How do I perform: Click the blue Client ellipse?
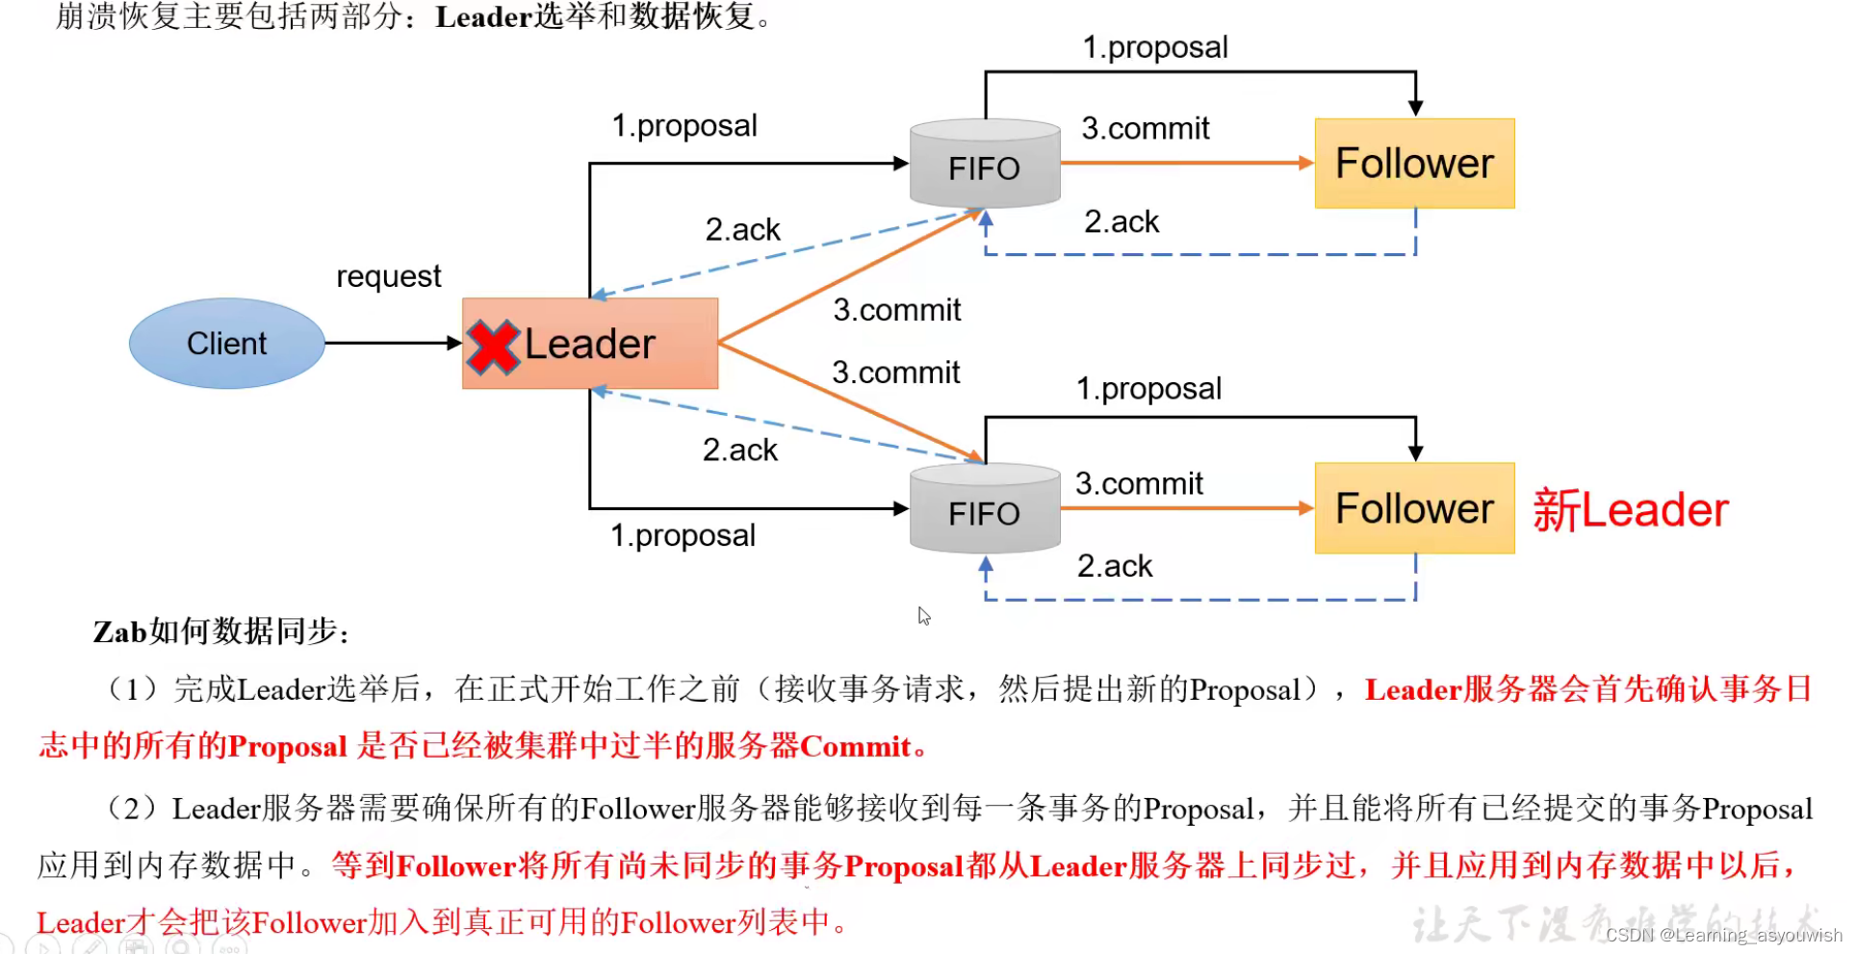(x=226, y=344)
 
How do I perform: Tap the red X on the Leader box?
(x=493, y=347)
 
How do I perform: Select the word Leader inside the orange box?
(x=589, y=345)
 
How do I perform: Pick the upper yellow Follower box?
(x=1414, y=164)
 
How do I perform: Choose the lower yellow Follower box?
(x=1414, y=508)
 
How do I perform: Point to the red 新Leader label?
(x=1630, y=510)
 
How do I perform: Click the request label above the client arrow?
(x=388, y=277)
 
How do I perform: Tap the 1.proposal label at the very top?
(x=1154, y=47)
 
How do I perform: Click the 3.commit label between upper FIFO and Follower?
(x=1145, y=128)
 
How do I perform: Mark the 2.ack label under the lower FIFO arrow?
(x=1114, y=566)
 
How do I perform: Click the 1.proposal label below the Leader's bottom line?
(x=683, y=535)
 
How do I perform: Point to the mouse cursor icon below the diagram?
(x=924, y=616)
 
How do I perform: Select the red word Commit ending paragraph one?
(x=855, y=747)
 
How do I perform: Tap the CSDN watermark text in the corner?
(x=1722, y=935)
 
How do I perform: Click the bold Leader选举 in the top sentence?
(x=515, y=16)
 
